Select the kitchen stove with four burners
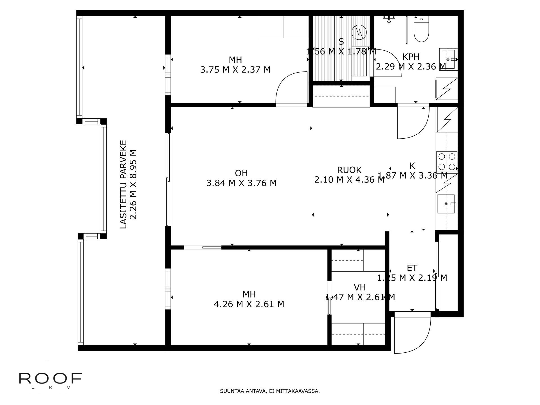[447, 161]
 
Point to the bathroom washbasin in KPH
[448, 59]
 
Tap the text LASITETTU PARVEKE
[123, 184]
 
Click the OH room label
[241, 173]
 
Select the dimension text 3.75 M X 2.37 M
[235, 69]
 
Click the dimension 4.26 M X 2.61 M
[249, 304]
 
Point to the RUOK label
[349, 170]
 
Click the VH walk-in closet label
[359, 287]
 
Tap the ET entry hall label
[412, 267]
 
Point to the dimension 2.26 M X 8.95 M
[134, 184]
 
